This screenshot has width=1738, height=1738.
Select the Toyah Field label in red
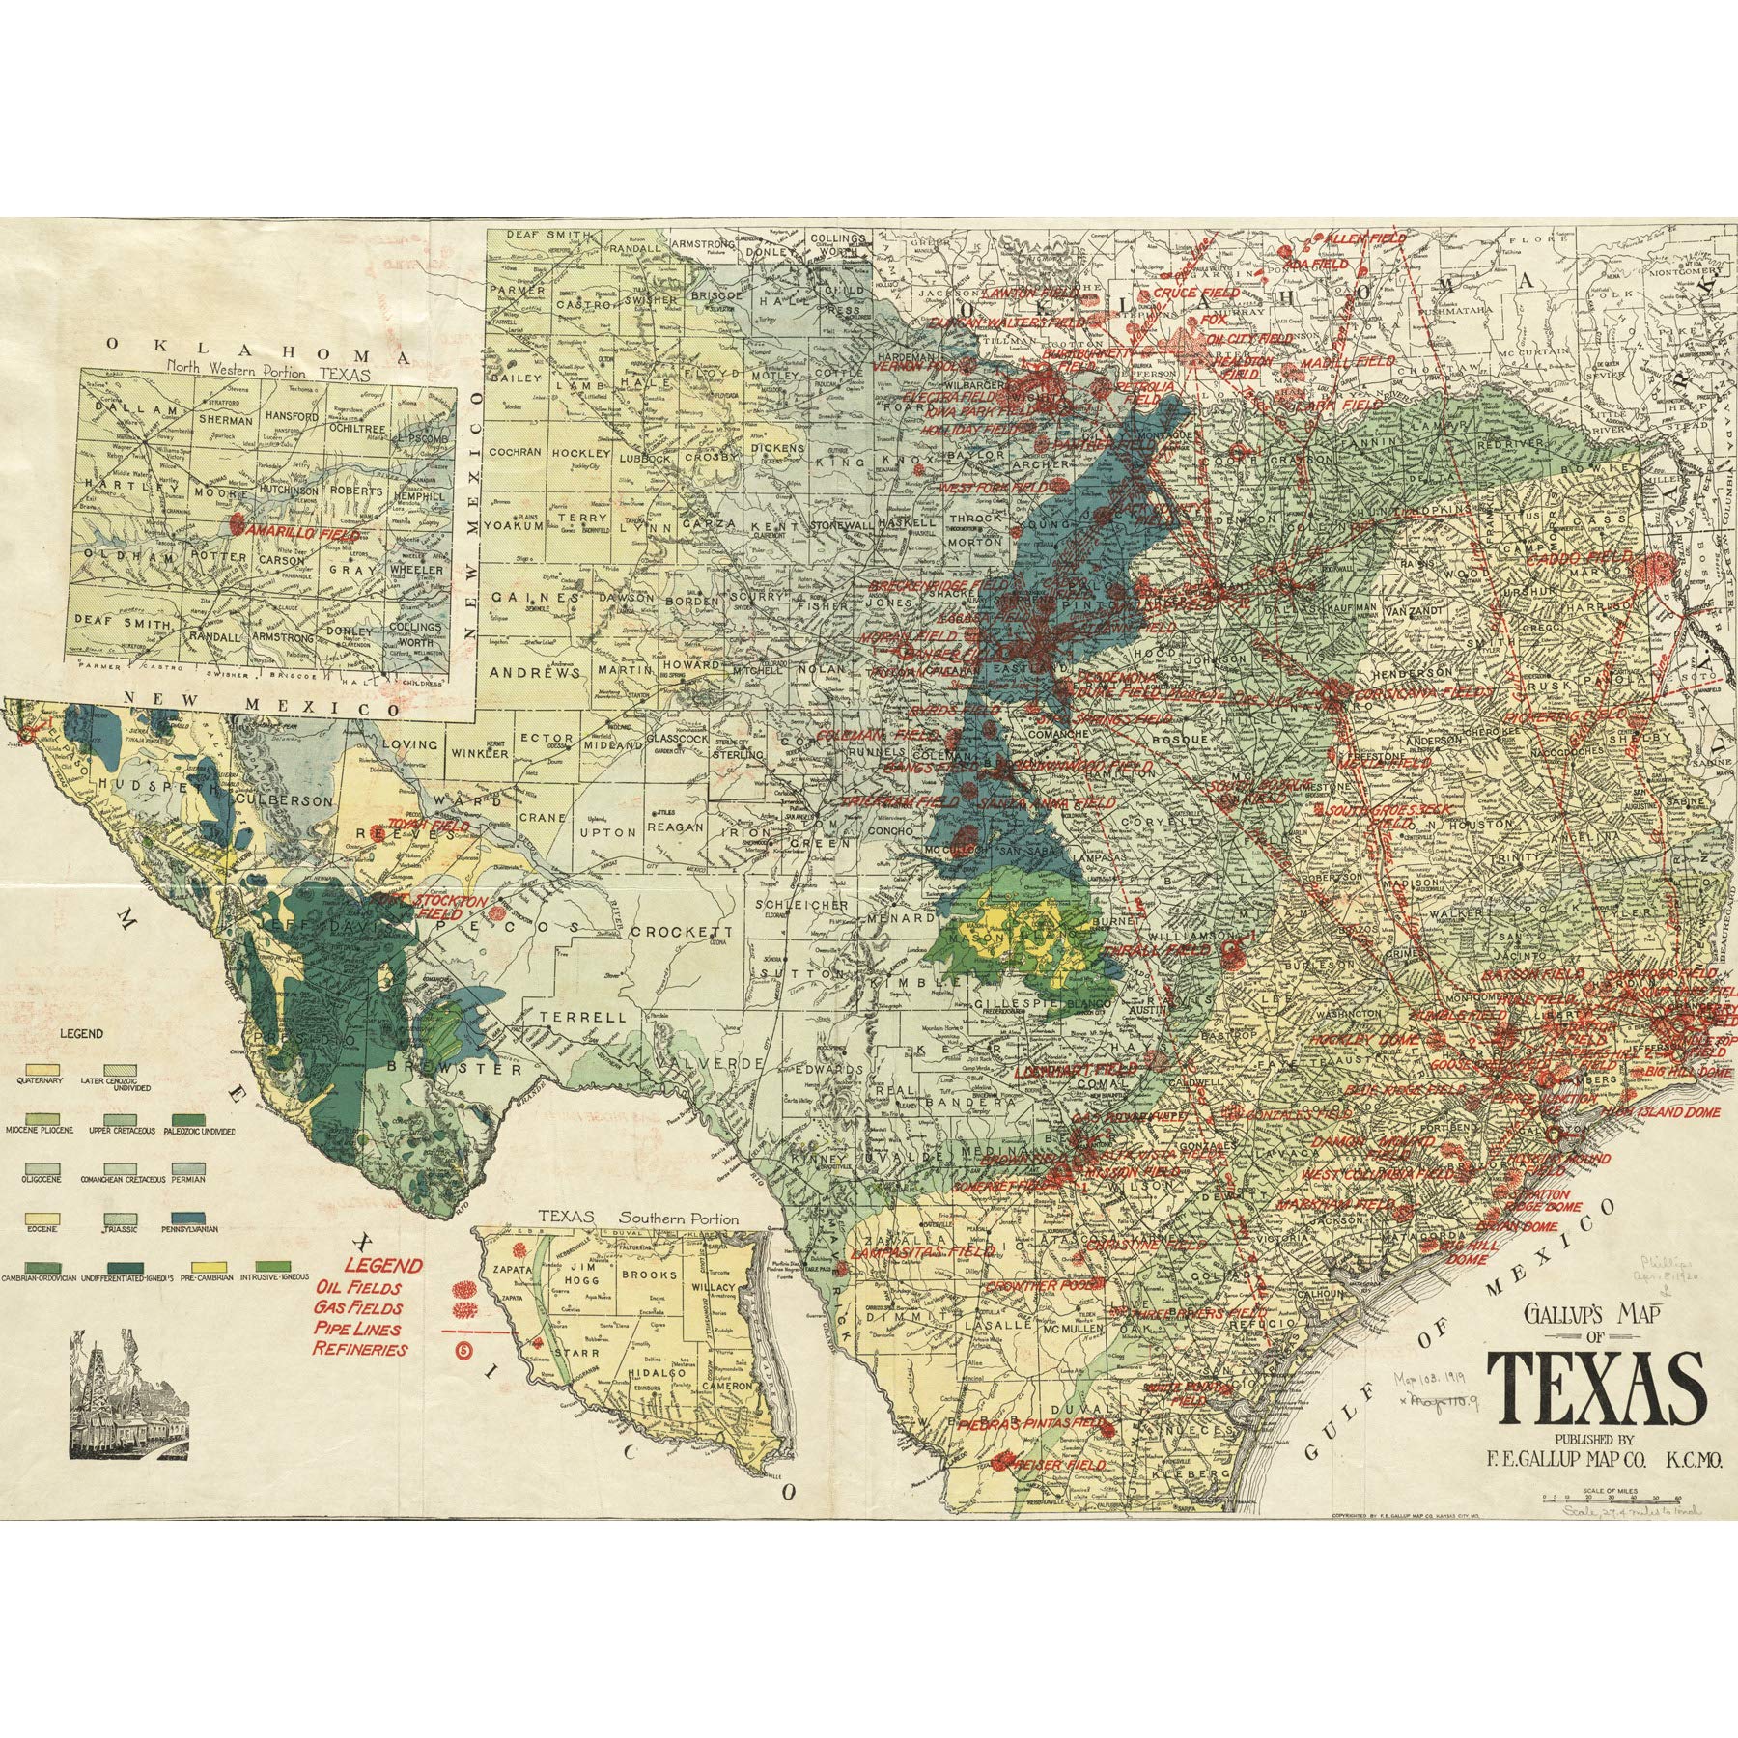pos(428,827)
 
